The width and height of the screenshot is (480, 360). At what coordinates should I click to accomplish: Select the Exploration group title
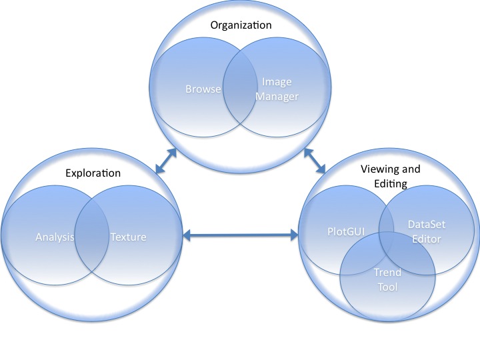coord(93,173)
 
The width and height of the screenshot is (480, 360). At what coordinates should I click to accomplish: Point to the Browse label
coord(203,88)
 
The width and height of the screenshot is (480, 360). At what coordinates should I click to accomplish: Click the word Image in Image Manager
coord(277,83)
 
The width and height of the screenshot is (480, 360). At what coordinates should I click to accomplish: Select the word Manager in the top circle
coord(277,96)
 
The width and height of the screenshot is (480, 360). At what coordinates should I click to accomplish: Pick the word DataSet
coord(426,225)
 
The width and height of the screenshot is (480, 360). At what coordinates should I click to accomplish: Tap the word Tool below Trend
coord(387,287)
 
